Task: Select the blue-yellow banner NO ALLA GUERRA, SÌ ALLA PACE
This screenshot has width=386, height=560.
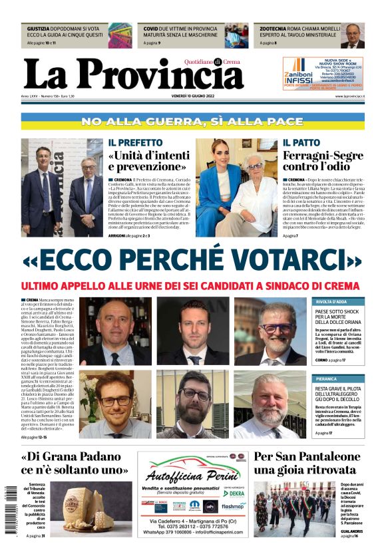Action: click(x=192, y=122)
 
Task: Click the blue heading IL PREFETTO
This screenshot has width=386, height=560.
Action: click(x=132, y=143)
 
